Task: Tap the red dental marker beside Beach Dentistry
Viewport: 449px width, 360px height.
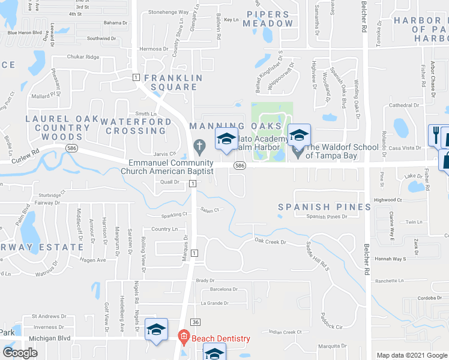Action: pyautogui.click(x=185, y=338)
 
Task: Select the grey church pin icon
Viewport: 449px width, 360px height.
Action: pyautogui.click(x=199, y=146)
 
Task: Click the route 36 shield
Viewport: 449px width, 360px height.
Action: pyautogui.click(x=195, y=322)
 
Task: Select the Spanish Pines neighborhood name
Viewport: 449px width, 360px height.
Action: pyautogui.click(x=325, y=207)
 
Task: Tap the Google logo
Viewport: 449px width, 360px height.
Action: pyautogui.click(x=20, y=353)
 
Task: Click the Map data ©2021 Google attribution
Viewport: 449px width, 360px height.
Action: pyautogui.click(x=411, y=355)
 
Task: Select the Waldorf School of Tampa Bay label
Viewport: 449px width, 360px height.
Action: pyautogui.click(x=332, y=151)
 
